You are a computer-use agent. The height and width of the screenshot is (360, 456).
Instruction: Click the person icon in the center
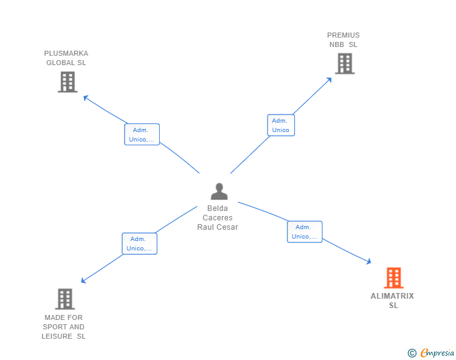click(x=219, y=191)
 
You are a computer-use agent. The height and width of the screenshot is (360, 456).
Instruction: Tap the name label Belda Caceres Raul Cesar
click(x=217, y=218)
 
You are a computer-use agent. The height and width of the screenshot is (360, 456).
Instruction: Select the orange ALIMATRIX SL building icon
click(x=393, y=277)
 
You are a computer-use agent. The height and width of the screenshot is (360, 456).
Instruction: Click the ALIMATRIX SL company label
click(x=393, y=301)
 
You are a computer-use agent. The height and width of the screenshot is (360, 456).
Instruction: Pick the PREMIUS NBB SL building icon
click(x=344, y=63)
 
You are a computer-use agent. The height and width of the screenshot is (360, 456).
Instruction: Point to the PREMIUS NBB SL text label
click(x=343, y=40)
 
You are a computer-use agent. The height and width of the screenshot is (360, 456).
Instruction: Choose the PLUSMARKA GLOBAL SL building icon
click(x=67, y=82)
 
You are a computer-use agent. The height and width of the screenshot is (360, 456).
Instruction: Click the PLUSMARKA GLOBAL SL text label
click(x=66, y=58)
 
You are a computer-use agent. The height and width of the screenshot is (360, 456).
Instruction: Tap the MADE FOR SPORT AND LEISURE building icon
click(x=65, y=299)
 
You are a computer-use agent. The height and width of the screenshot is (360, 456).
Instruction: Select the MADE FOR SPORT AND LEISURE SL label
click(x=64, y=327)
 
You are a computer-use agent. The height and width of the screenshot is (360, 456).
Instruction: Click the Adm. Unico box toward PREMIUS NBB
click(x=281, y=125)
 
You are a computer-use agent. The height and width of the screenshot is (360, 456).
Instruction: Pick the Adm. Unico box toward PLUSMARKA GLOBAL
click(x=142, y=135)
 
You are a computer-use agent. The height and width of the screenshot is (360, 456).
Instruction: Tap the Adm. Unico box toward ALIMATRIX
click(x=304, y=232)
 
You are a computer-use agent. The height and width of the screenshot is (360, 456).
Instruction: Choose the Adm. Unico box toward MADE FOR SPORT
click(x=139, y=244)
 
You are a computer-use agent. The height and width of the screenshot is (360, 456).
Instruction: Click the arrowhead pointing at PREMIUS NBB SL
click(x=329, y=80)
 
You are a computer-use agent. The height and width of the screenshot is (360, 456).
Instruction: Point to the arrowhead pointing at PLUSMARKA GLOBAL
click(x=86, y=97)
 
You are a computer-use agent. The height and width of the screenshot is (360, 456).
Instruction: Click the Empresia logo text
click(x=437, y=353)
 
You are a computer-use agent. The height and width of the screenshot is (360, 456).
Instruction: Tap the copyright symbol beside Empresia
click(x=412, y=353)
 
